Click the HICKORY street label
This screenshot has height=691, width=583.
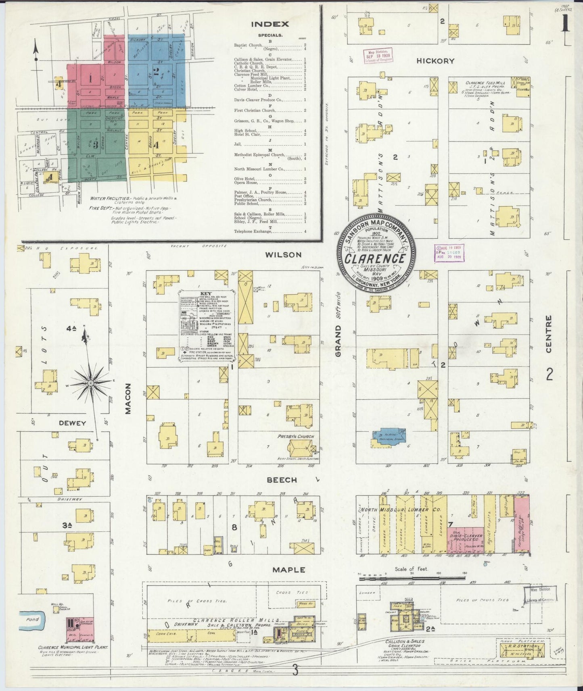pos(435,61)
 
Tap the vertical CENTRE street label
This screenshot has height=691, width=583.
pos(548,334)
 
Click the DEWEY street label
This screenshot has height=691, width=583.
pos(73,423)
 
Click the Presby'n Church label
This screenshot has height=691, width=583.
pos(295,436)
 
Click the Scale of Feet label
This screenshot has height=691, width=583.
pos(410,569)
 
